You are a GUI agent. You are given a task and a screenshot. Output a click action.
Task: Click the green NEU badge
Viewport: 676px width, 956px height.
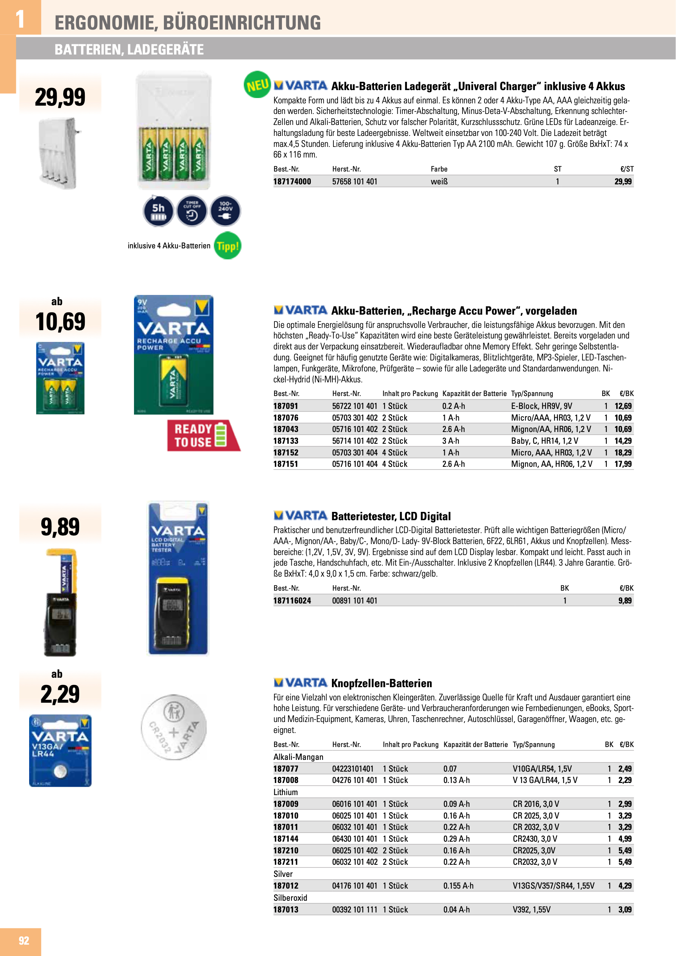[x=257, y=85]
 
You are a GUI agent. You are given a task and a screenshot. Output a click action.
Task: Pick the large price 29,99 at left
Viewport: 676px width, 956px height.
[x=60, y=97]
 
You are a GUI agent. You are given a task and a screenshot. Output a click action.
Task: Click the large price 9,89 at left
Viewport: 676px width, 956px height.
[x=60, y=527]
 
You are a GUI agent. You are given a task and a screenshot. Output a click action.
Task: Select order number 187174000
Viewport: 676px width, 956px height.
[x=292, y=181]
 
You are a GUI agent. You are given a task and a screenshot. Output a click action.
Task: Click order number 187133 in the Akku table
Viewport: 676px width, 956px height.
[x=286, y=441]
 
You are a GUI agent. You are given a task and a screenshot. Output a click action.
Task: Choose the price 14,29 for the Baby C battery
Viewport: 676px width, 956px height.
[x=623, y=441]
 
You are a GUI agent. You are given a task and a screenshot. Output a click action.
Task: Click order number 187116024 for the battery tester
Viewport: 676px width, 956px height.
[x=292, y=600]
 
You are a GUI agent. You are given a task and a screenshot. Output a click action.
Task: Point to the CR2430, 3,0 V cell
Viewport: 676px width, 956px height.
[x=535, y=839]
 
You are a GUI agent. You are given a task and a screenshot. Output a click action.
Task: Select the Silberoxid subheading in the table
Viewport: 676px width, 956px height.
[x=290, y=898]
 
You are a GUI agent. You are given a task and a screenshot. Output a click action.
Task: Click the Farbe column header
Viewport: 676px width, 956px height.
[x=439, y=169]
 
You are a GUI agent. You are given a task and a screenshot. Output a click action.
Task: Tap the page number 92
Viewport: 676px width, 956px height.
[x=24, y=940]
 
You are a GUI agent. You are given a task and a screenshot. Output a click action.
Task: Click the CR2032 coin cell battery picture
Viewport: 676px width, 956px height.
[x=174, y=727]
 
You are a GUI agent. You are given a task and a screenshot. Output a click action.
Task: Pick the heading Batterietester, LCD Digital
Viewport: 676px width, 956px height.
[x=391, y=516]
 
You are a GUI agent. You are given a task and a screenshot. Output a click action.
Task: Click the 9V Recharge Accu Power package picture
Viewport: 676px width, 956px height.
[x=174, y=355]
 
